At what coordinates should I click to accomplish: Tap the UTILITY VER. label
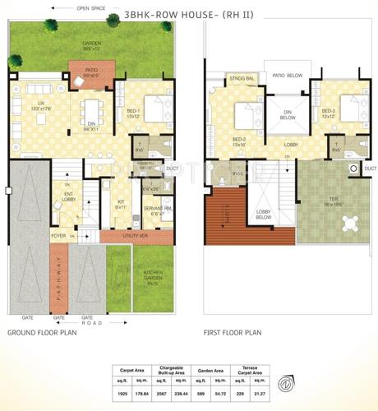pyautogui.click(x=134, y=236)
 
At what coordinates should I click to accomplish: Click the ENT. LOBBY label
pyautogui.click(x=68, y=197)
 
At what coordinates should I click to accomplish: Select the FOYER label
pyautogui.click(x=58, y=236)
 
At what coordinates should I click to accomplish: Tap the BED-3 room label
pyautogui.click(x=329, y=113)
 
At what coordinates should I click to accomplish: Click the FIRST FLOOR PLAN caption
pyautogui.click(x=233, y=334)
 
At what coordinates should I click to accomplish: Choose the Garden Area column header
pyautogui.click(x=212, y=370)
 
